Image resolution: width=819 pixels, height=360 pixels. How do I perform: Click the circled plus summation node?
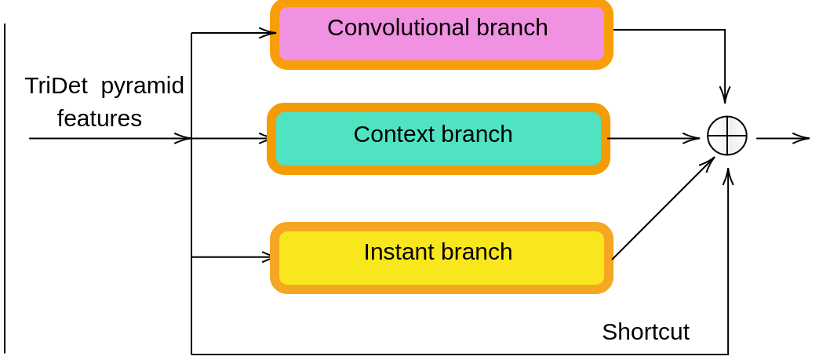click(x=726, y=136)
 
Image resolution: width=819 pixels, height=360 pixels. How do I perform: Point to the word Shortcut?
click(x=645, y=332)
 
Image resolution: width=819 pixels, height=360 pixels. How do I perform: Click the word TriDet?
click(x=56, y=85)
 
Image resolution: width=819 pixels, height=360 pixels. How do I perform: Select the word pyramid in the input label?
click(x=142, y=85)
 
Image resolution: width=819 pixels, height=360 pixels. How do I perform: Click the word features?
click(x=99, y=118)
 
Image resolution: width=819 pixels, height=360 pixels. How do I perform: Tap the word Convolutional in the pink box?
click(x=399, y=27)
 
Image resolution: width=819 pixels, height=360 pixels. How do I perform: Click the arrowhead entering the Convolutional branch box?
click(x=268, y=33)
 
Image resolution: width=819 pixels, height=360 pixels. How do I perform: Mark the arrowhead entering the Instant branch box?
click(x=267, y=256)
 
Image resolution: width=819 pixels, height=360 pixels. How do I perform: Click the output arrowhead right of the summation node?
click(x=801, y=139)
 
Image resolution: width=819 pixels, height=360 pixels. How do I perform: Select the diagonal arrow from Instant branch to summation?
click(x=663, y=209)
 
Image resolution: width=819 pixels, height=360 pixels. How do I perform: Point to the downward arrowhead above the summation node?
click(x=725, y=95)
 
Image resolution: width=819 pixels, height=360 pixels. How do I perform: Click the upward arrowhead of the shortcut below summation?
click(x=728, y=176)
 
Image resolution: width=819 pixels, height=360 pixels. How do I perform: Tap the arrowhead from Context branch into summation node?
click(x=691, y=139)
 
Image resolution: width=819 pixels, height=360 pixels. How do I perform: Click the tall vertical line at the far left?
click(x=5, y=188)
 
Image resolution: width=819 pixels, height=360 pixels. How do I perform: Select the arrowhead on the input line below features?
click(x=183, y=139)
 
